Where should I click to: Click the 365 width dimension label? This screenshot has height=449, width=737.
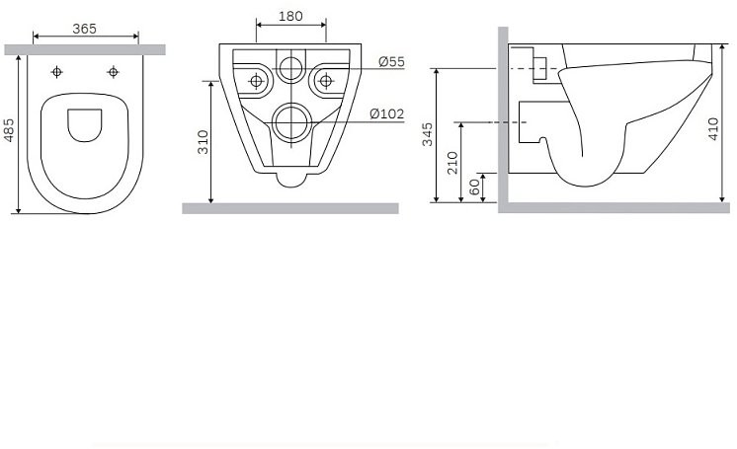pos(84,30)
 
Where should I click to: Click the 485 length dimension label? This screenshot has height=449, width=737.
pos(9,133)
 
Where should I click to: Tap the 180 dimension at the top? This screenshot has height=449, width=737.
pos(289,18)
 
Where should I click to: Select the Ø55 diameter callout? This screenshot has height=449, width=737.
pos(391,62)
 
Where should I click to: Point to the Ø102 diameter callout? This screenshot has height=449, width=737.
pos(387,113)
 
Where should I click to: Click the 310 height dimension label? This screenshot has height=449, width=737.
pos(203,143)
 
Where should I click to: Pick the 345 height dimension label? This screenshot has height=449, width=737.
pos(428,135)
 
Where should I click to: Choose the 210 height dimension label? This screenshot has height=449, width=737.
pos(451,162)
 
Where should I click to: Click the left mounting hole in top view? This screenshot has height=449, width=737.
pos(56,72)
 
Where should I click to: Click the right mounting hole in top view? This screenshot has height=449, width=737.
pos(113,72)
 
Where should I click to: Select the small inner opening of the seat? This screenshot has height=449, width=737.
pos(84,123)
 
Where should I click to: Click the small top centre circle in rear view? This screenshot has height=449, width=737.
pos(289,68)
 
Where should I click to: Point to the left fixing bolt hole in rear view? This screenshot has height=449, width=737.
pos(257,79)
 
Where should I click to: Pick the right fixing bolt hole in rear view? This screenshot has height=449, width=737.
pos(322,79)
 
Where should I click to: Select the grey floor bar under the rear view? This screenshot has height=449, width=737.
pos(289,208)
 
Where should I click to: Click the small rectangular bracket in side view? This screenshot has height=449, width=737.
pos(539,68)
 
